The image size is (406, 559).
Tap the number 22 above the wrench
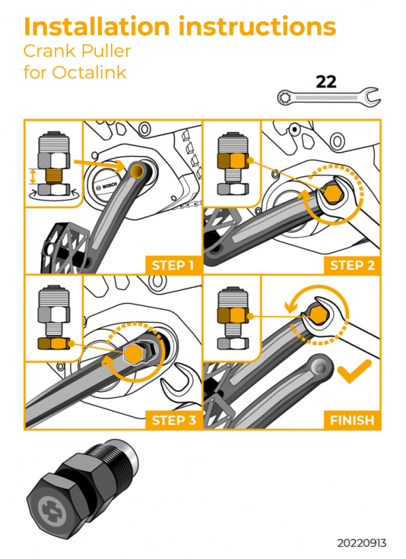tap(326, 82)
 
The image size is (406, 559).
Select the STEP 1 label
tap(172, 265)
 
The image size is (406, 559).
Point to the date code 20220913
tap(361, 543)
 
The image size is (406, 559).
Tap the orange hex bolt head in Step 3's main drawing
tap(135, 353)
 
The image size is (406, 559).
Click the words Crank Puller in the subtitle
tap(77, 51)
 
